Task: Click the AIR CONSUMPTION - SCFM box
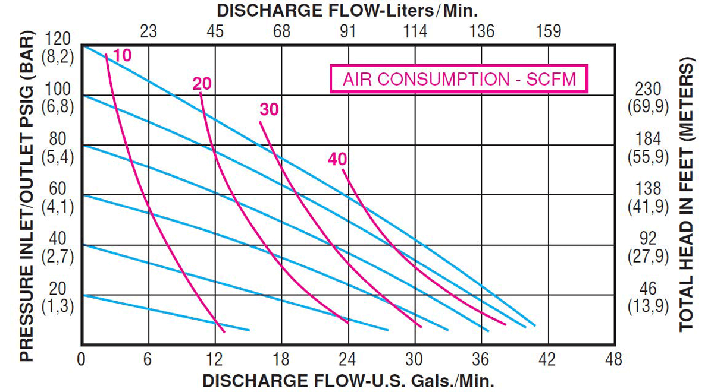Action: [x=459, y=78]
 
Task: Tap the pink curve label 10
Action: [x=121, y=56]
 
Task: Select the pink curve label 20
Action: [x=202, y=84]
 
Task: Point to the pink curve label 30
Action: [x=269, y=109]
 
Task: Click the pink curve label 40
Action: [x=337, y=159]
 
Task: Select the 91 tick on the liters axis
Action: [x=348, y=31]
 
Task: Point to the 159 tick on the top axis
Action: [x=548, y=31]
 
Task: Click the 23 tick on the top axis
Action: [x=148, y=31]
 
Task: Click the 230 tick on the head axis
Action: [x=648, y=89]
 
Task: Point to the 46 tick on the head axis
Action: [x=648, y=289]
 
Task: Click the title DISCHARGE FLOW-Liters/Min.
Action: [x=348, y=11]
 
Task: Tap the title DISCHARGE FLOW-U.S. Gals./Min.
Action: [x=348, y=380]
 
